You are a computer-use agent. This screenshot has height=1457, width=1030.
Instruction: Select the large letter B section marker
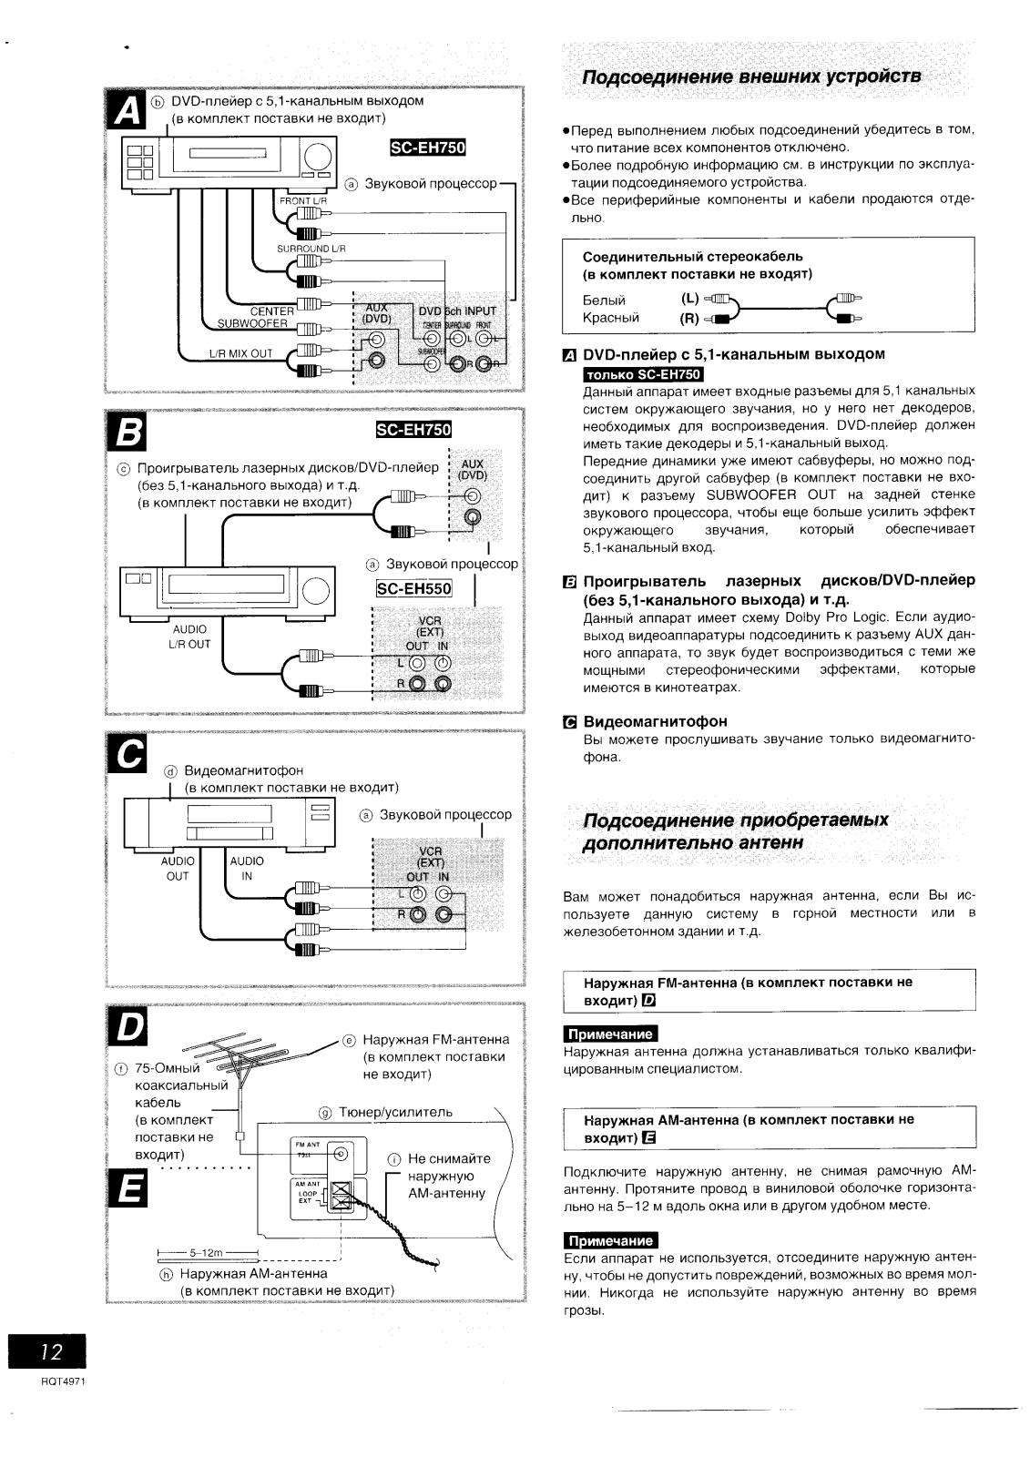[x=126, y=435]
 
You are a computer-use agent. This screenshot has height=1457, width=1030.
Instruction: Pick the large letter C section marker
[x=126, y=752]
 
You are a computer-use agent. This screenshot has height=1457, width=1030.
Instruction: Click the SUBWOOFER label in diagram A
[x=252, y=323]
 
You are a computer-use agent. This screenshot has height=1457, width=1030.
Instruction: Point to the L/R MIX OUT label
[x=240, y=353]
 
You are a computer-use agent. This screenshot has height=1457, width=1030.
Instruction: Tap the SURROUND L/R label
[x=311, y=249]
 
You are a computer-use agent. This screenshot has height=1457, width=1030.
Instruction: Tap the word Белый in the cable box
[x=604, y=300]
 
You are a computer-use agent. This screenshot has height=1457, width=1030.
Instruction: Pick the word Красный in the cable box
[x=610, y=318]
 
